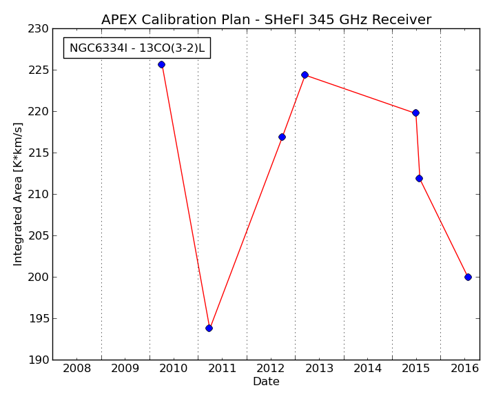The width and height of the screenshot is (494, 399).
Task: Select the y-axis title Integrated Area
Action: coord(18,195)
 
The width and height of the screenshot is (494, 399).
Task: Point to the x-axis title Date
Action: coord(266,381)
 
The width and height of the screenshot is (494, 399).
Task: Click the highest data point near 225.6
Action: coord(162,65)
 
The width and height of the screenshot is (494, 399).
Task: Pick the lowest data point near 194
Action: coord(209,329)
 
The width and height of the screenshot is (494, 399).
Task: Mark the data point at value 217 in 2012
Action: coord(282,137)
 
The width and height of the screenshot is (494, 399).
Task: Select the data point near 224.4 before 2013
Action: coord(305,75)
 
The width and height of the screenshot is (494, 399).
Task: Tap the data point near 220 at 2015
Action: coord(416,113)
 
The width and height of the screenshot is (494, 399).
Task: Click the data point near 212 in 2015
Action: coord(419,179)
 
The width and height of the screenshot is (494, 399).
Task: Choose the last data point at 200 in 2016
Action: coord(469,277)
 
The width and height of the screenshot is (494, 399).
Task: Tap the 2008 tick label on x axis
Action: coord(76,369)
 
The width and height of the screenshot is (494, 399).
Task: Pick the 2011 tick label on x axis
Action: coord(222,369)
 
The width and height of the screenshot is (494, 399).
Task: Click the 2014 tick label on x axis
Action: coord(368,369)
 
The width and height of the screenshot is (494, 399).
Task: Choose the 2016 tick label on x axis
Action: coord(464,369)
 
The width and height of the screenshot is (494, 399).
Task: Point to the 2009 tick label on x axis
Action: coord(125,369)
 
